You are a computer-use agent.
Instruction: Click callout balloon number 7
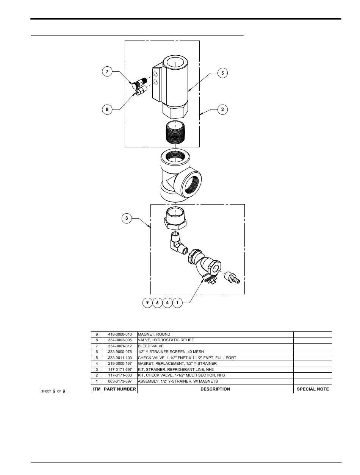(x=107, y=72)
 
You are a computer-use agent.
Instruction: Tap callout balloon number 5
(x=222, y=73)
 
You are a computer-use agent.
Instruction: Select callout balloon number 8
(x=107, y=109)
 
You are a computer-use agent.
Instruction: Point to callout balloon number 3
(x=127, y=218)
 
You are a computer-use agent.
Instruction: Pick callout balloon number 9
(x=147, y=303)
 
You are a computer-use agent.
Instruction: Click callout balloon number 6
(x=157, y=303)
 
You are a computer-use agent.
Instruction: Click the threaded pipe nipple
(x=175, y=131)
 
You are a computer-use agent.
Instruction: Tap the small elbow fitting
(x=179, y=244)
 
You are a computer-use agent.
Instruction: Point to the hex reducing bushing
(x=175, y=218)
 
